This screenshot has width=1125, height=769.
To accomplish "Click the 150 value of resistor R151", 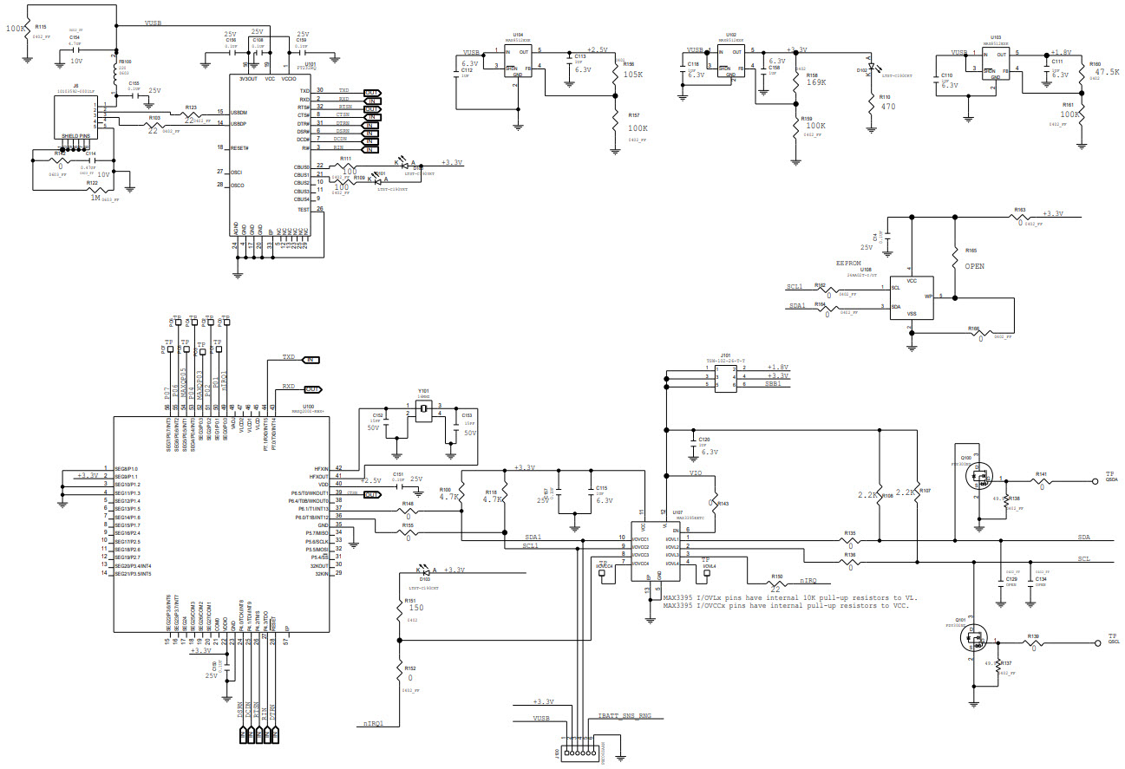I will coord(415,609).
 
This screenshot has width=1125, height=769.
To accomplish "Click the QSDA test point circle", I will coord(1096,479).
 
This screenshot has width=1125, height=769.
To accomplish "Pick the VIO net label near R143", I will coord(696,473).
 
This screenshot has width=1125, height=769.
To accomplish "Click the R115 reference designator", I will coord(41,28).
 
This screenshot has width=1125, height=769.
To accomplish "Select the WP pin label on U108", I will coord(928,296).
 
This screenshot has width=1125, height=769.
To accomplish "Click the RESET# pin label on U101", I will coord(239,147).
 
